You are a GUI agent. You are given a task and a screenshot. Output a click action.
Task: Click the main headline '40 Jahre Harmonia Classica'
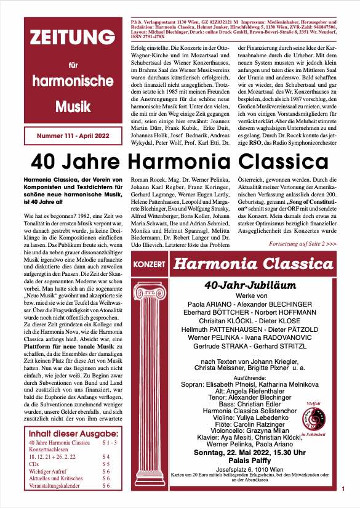coord(180,163)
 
